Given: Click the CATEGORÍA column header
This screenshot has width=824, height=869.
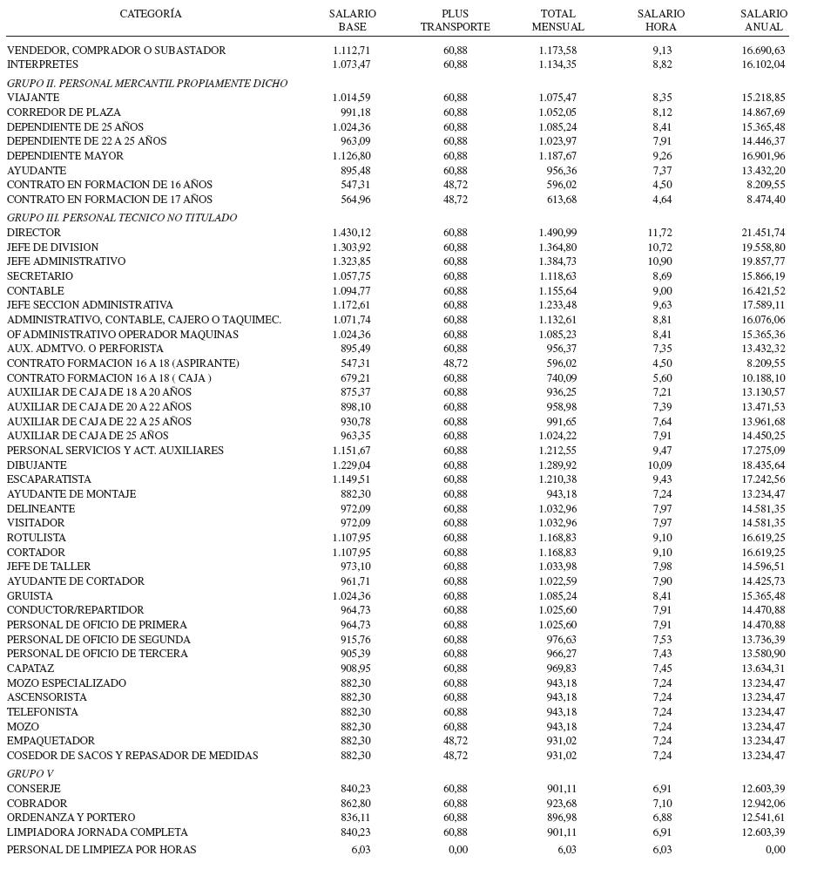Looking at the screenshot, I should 151,14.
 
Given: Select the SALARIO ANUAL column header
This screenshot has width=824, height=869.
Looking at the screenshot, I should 764,20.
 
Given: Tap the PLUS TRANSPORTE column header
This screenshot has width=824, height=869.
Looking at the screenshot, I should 455,20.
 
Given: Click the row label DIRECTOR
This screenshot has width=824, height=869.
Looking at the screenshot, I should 34,233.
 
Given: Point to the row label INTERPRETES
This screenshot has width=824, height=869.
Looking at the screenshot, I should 43,64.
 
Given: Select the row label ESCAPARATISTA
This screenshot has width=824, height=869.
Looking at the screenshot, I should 49,479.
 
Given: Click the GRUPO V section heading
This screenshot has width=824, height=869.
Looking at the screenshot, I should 30,774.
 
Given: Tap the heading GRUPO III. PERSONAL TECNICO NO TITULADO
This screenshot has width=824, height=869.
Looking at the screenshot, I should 122,218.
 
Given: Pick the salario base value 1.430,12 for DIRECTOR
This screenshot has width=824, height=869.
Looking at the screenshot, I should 351,233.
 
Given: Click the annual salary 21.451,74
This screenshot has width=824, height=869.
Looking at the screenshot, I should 763,233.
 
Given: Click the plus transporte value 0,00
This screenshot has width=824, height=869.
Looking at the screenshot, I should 457,850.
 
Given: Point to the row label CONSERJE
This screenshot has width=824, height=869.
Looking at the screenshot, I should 34,789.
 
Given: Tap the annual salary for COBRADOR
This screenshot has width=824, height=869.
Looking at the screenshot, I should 763,804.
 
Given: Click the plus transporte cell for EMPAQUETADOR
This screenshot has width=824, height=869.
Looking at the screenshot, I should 455,741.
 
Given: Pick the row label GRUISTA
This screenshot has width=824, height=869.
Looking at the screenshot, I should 30,596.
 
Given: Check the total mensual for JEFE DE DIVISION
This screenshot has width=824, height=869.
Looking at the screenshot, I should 557,248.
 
